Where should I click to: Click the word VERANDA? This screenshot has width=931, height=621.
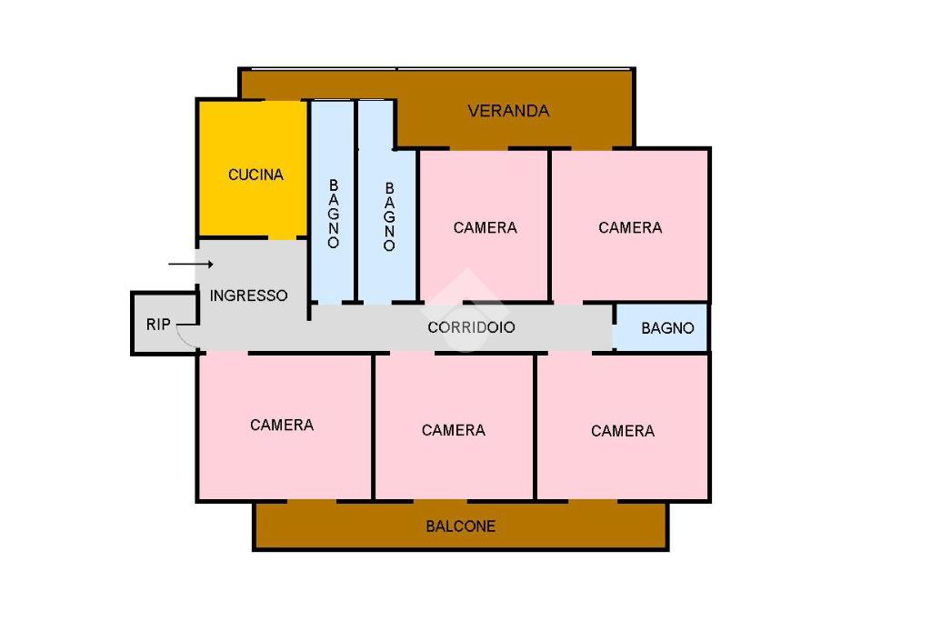tap(508, 111)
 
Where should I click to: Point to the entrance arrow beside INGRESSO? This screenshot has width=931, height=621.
tap(190, 265)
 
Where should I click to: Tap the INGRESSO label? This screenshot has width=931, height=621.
tap(248, 295)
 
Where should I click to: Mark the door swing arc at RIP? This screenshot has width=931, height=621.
tap(185, 337)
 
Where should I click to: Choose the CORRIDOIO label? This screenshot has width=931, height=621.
tap(471, 327)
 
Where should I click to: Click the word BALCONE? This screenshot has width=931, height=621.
tap(461, 526)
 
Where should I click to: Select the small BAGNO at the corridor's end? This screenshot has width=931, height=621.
tap(666, 328)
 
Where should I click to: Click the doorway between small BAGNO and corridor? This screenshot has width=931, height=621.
tap(614, 327)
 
